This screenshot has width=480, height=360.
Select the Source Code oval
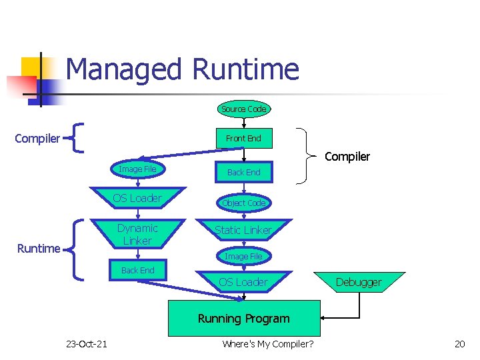tap(243, 109)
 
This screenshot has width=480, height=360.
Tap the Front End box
tap(243, 139)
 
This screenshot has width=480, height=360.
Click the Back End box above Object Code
tap(243, 172)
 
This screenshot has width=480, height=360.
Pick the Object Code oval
tap(243, 203)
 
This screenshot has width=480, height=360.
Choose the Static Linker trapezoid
tap(243, 230)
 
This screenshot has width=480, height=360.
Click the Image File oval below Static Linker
tap(243, 256)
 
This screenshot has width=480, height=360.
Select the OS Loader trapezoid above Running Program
tap(243, 282)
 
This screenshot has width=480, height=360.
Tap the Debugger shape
tap(359, 282)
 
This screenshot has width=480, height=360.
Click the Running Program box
tap(243, 319)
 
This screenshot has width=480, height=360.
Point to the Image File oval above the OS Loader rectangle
tap(137, 169)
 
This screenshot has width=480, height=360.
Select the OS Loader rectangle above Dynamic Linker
tap(137, 198)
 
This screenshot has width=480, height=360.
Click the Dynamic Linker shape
tap(137, 234)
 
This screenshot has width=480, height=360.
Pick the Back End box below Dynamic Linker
tap(137, 270)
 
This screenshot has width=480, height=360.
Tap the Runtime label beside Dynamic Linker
tap(39, 249)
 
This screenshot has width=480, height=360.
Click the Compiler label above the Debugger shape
tap(347, 157)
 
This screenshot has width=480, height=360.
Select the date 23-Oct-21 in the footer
tap(87, 344)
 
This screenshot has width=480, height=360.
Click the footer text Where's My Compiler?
tap(268, 344)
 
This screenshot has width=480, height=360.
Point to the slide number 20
tap(459, 344)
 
